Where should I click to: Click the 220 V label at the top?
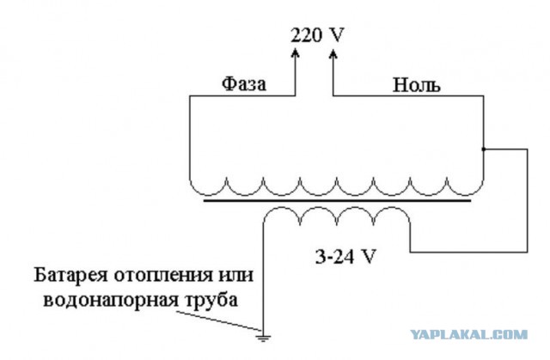(317, 35)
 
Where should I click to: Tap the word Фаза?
(244, 84)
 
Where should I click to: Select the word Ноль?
(416, 85)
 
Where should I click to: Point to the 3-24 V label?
(345, 257)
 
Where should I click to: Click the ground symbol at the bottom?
(263, 338)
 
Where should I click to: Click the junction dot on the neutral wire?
(483, 149)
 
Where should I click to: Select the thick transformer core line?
(337, 201)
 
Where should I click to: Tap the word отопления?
(163, 276)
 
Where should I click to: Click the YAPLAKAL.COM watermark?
(469, 334)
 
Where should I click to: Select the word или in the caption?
(235, 276)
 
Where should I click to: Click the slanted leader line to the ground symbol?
(218, 320)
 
